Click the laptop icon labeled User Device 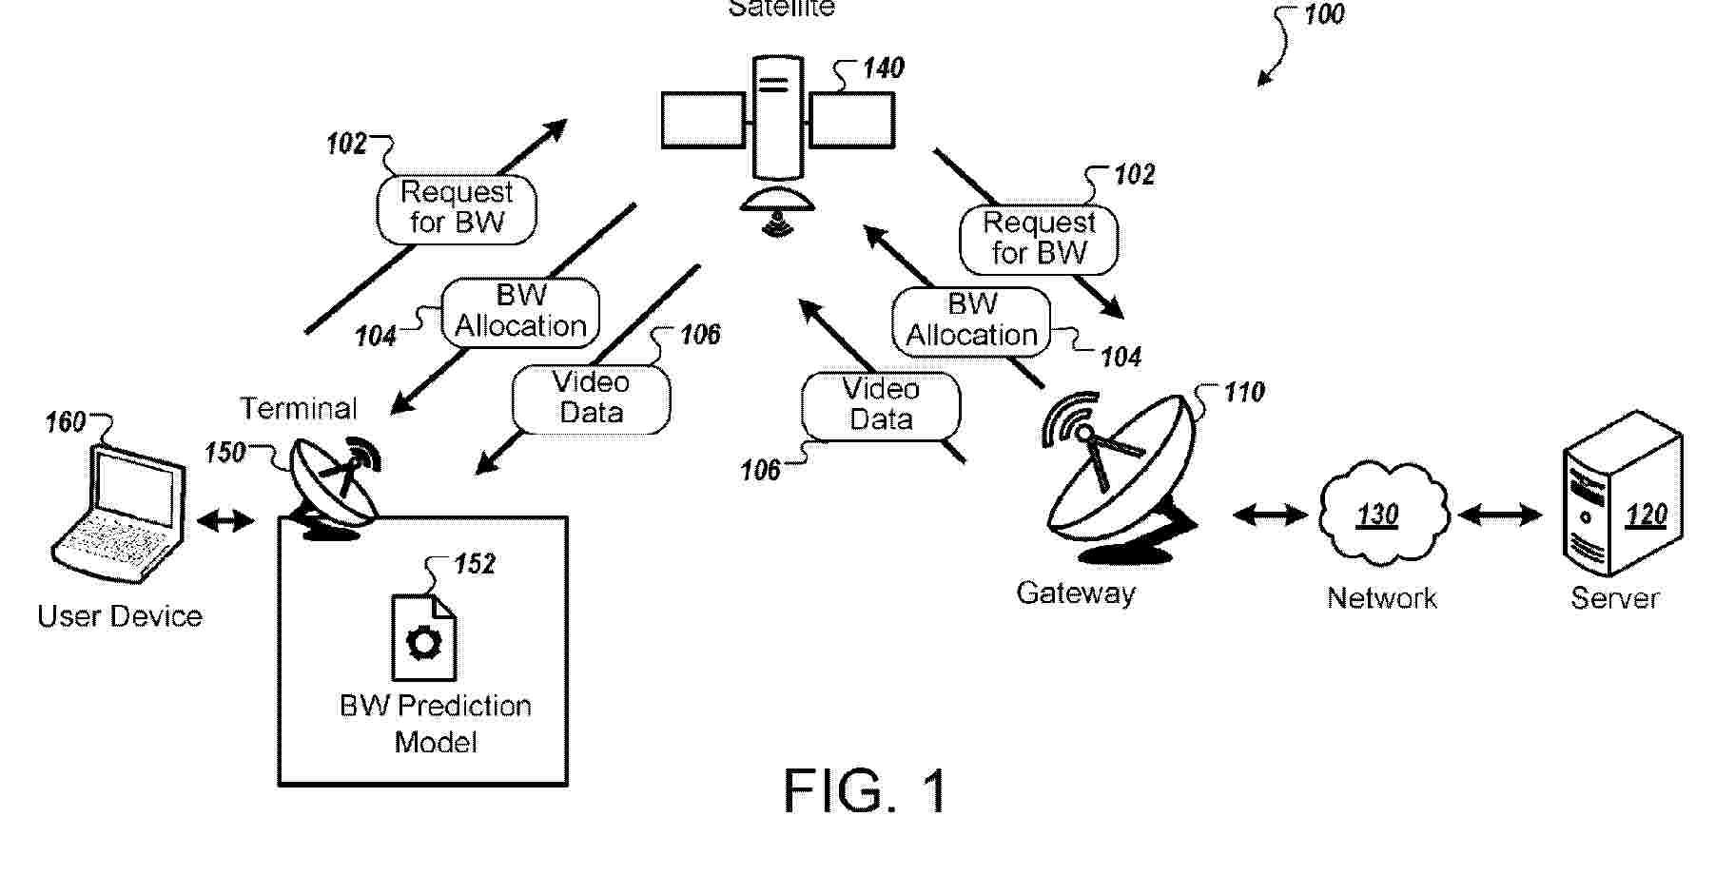(x=118, y=514)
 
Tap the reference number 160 (x=66, y=422)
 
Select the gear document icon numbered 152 (x=424, y=637)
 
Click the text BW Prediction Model (x=436, y=724)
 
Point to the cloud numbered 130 (x=1382, y=515)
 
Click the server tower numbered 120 (x=1623, y=495)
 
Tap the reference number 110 (x=1244, y=393)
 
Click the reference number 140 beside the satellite (x=883, y=68)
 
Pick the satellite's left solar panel (x=703, y=120)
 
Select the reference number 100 (x=1323, y=15)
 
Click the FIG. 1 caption (x=865, y=790)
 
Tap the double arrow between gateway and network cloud (x=1270, y=515)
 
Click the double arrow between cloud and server (x=1500, y=515)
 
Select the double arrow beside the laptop (x=225, y=520)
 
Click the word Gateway (x=1076, y=593)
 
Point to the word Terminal (x=299, y=409)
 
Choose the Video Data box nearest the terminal (x=591, y=398)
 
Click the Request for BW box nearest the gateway (x=1039, y=238)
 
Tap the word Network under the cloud (x=1382, y=598)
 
